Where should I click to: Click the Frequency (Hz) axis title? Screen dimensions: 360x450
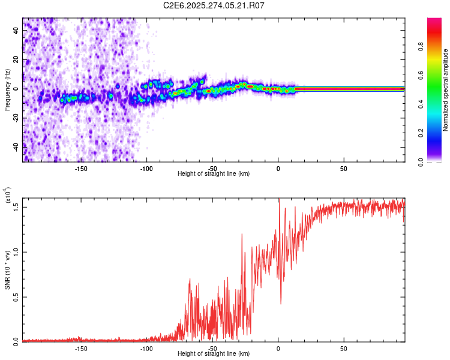click(7, 90)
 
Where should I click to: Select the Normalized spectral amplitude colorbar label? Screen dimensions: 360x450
click(446, 90)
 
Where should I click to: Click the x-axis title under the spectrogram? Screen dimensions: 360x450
click(214, 173)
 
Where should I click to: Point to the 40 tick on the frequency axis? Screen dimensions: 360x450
click(16, 31)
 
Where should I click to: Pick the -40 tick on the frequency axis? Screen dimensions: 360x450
click(16, 146)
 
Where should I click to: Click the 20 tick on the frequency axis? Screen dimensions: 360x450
click(16, 60)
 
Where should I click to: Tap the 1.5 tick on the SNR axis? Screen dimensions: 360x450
click(16, 206)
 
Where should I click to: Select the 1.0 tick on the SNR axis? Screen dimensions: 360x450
click(16, 252)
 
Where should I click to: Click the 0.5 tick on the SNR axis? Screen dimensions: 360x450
click(16, 297)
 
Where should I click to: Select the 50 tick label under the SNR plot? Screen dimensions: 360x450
click(343, 347)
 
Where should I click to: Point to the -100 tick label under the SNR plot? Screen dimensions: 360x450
click(146, 347)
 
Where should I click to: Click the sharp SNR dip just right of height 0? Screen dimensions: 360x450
click(280, 303)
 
